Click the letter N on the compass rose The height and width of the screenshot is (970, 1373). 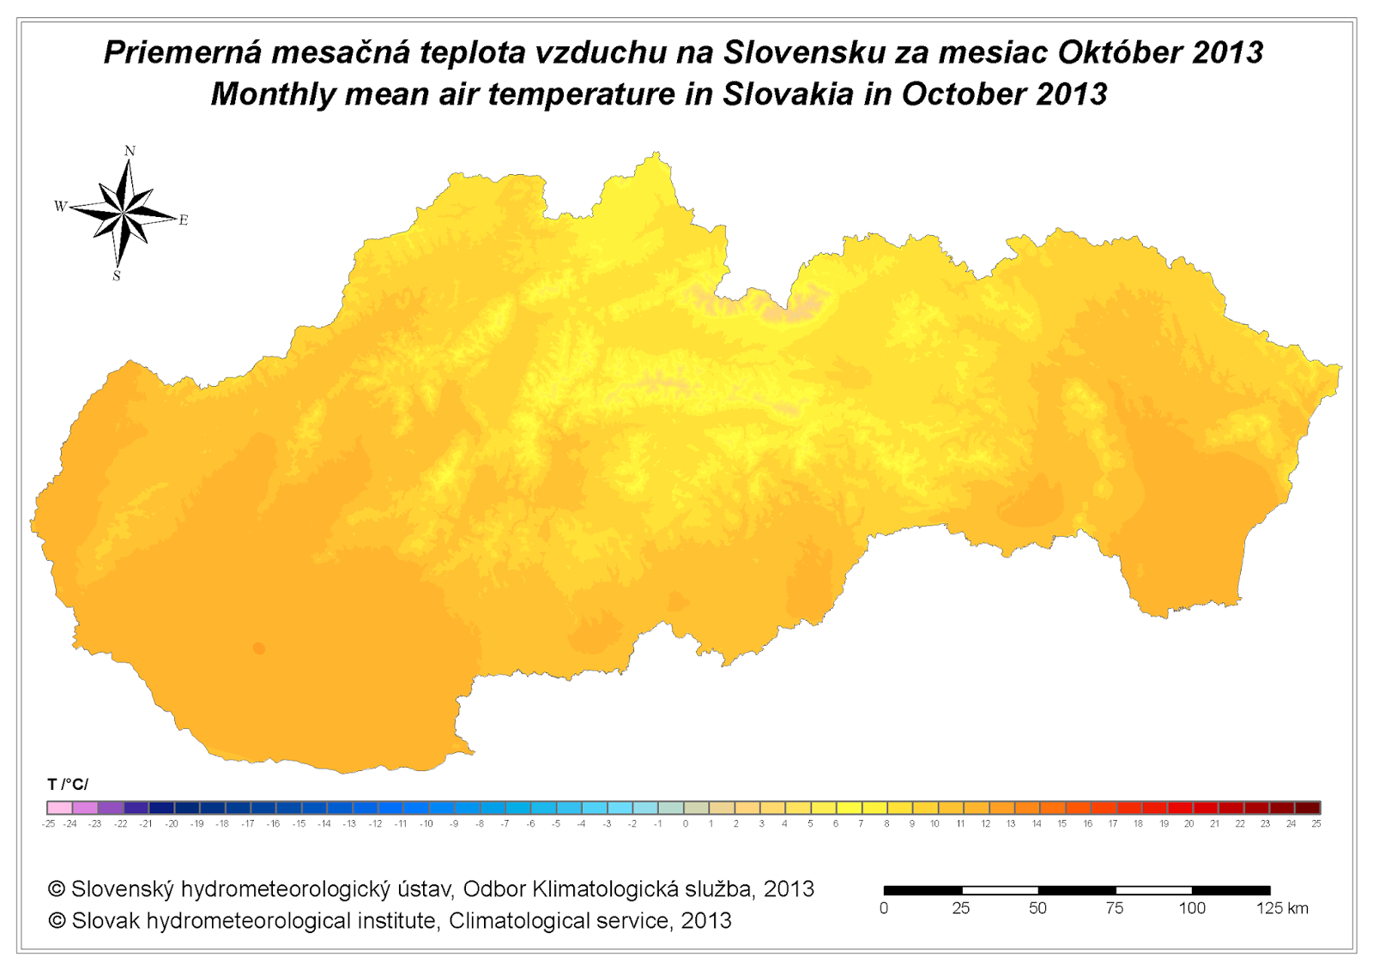(130, 151)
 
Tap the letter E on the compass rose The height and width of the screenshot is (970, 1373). (183, 220)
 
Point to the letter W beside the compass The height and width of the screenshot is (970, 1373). (60, 206)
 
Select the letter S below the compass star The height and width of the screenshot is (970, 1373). (117, 276)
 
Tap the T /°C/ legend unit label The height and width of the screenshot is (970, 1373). (68, 785)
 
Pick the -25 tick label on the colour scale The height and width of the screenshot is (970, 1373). (48, 824)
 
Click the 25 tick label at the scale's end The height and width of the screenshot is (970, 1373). (1316, 824)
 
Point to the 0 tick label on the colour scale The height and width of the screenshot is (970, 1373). (685, 824)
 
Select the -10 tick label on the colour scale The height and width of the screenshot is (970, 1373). (426, 824)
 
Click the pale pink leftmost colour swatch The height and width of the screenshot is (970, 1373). (59, 808)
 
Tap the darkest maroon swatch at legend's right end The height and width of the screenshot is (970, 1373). (1307, 808)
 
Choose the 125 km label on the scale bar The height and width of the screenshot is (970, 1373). (1282, 908)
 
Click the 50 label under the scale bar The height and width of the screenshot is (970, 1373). (1037, 908)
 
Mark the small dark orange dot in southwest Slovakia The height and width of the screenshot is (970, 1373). (259, 648)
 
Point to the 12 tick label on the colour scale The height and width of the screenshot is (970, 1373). (986, 824)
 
